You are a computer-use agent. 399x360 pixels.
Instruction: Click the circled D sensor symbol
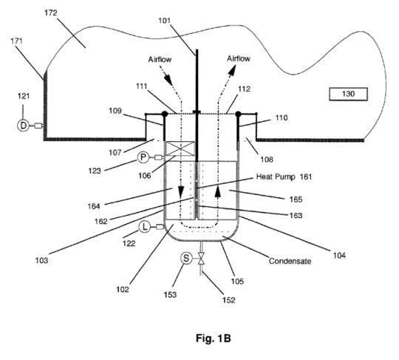(x=23, y=126)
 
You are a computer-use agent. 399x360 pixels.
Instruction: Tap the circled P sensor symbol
(x=143, y=157)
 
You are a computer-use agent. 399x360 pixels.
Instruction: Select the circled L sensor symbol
(x=145, y=227)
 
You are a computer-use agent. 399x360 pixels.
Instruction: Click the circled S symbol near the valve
(x=186, y=259)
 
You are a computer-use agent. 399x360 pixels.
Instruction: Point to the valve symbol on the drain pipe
(x=201, y=259)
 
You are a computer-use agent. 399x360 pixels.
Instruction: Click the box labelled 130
(x=348, y=94)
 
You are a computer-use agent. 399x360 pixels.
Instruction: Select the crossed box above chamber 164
(x=180, y=149)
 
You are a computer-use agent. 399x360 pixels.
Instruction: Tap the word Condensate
(x=290, y=261)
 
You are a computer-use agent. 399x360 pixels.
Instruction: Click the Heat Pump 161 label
(x=284, y=177)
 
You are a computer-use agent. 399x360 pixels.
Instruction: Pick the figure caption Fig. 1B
(x=214, y=339)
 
